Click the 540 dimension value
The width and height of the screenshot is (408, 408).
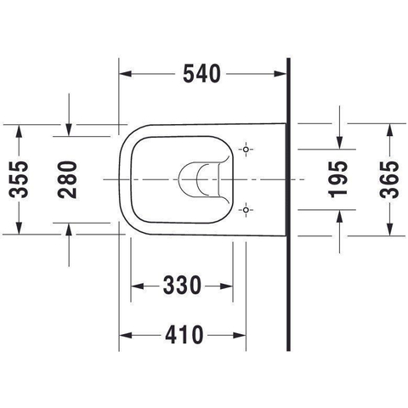coord(201,74)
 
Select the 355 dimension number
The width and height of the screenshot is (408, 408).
coord(19,179)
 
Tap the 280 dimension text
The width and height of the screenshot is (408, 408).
coord(67,179)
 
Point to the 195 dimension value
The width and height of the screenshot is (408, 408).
coord(337,179)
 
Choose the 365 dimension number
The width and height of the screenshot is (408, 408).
coord(389,179)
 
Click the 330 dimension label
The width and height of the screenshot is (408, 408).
coord(182,286)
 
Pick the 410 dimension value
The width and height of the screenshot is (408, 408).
coord(184,335)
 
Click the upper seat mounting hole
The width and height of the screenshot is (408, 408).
coord(246,150)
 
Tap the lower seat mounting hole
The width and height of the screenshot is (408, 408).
coord(246,210)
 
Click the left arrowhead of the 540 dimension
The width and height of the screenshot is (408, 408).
coord(126,74)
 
